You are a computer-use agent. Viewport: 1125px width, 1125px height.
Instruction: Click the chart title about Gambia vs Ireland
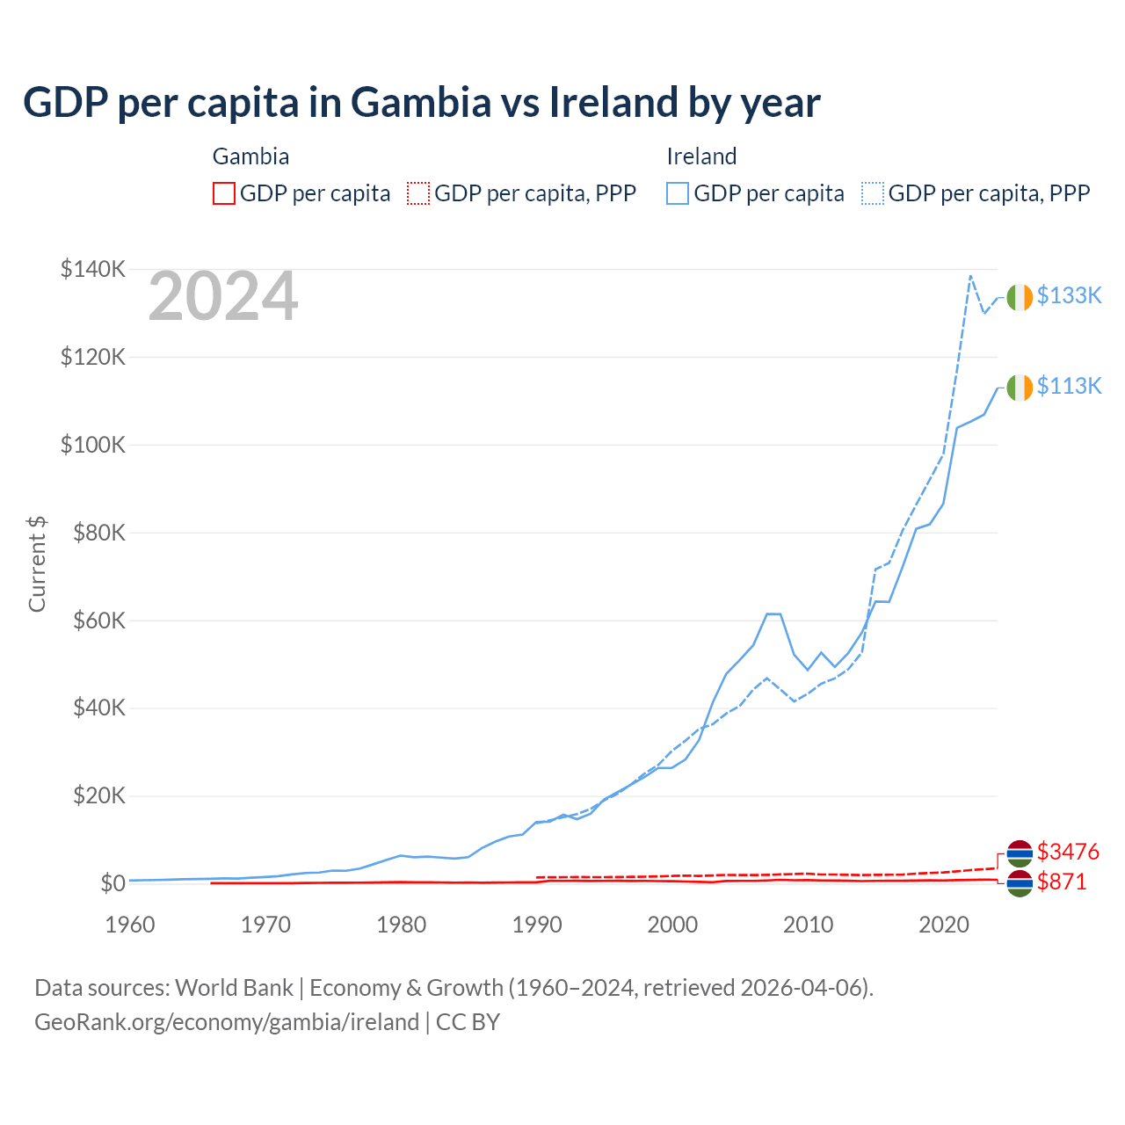point(421,103)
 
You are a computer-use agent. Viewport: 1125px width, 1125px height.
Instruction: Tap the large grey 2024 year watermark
point(223,297)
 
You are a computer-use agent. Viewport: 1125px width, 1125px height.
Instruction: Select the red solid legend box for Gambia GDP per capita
point(224,193)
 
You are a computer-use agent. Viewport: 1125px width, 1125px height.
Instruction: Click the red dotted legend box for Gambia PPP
point(418,193)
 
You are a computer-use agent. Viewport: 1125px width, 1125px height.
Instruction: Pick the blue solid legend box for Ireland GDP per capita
point(678,193)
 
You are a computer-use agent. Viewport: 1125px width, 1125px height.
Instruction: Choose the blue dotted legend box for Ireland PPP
point(873,193)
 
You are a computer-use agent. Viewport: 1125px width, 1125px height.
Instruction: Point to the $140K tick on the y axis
point(93,269)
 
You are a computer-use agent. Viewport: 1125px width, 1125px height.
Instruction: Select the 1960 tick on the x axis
point(130,925)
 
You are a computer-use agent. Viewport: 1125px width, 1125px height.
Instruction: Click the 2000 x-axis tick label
point(672,925)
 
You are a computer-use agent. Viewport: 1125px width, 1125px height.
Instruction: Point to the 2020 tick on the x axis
point(943,925)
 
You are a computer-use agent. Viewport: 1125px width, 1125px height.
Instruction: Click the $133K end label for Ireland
point(1069,295)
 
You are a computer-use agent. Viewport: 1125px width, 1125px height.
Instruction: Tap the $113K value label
point(1069,386)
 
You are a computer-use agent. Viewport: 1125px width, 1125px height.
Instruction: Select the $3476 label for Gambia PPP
point(1068,852)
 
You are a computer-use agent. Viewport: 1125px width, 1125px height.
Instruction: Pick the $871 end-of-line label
point(1062,882)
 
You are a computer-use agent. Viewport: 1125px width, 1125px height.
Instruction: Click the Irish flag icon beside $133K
point(1020,298)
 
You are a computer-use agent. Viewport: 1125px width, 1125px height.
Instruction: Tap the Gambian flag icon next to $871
point(1020,883)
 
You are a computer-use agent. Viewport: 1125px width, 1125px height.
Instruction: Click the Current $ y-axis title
point(37,564)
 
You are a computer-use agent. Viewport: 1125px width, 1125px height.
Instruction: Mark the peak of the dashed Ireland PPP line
point(970,276)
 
